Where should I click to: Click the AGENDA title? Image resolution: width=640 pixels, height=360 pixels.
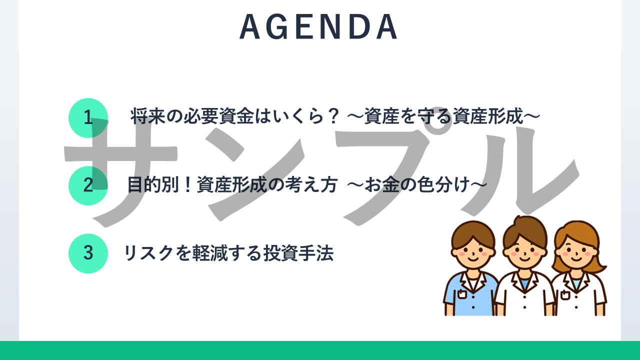tap(318, 26)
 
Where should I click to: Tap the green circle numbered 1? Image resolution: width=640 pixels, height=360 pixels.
tap(88, 117)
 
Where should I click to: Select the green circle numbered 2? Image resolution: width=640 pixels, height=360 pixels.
tap(88, 185)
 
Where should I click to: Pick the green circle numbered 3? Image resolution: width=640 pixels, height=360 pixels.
tap(88, 253)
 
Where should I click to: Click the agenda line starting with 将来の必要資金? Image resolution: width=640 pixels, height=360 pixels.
tap(335, 116)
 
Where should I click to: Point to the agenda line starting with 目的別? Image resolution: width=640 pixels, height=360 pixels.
tap(307, 184)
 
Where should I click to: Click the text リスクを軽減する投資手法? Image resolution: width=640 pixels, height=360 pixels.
tap(228, 253)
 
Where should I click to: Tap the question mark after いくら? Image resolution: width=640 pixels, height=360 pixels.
tap(333, 116)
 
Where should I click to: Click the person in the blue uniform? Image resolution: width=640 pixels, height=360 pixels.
tap(471, 268)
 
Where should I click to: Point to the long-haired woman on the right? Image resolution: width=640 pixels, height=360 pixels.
tap(578, 268)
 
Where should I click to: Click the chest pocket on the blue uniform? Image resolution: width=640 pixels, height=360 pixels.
tap(462, 293)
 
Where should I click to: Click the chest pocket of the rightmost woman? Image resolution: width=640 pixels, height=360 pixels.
tap(565, 295)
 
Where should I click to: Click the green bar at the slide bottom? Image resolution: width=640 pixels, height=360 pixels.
tap(320, 350)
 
